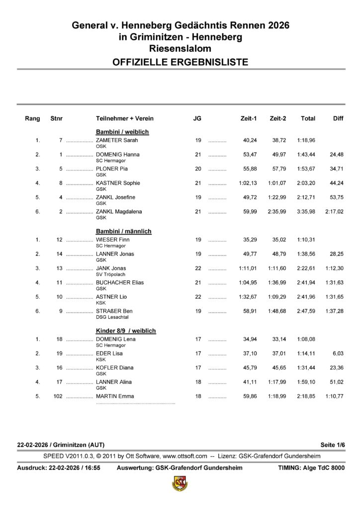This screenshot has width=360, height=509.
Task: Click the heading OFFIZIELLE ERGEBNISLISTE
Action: pyautogui.click(x=180, y=62)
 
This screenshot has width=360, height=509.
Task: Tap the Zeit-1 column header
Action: pyautogui.click(x=248, y=119)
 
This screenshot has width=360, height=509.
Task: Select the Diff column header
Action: pyautogui.click(x=338, y=119)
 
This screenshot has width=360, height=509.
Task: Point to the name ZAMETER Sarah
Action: pyautogui.click(x=116, y=140)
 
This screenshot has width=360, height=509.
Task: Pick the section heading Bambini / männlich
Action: pyautogui.click(x=123, y=231)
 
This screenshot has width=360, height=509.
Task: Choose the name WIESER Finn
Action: pyautogui.click(x=113, y=240)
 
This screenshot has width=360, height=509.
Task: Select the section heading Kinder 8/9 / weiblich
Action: pyautogui.click(x=126, y=331)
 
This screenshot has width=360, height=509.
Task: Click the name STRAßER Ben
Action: pyautogui.click(x=114, y=311)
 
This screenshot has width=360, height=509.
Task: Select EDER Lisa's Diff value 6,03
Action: pyautogui.click(x=337, y=353)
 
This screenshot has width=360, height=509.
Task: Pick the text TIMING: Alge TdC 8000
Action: pyautogui.click(x=311, y=468)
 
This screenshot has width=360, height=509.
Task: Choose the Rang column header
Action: pyautogui.click(x=32, y=119)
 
